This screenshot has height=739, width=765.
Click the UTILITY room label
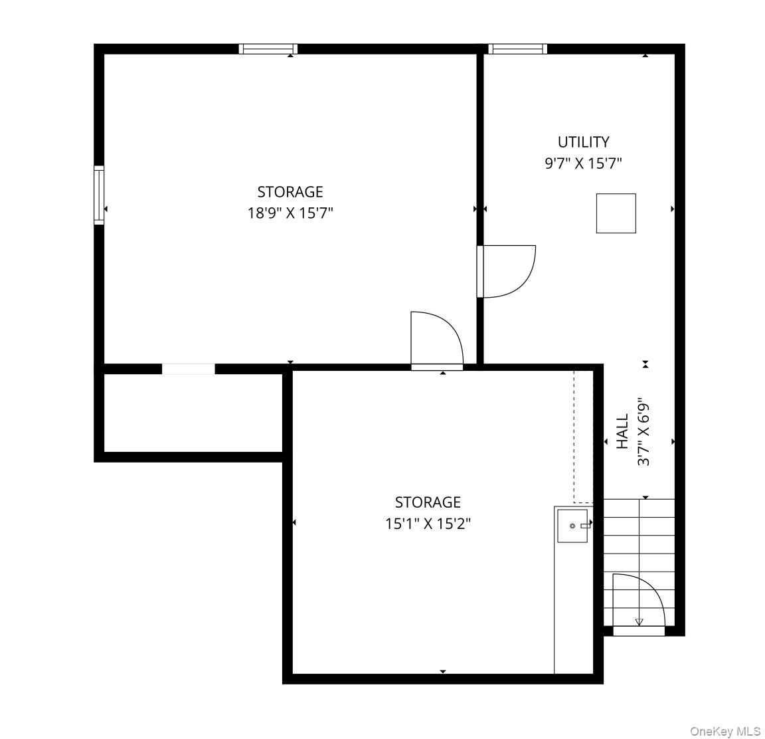click(584, 142)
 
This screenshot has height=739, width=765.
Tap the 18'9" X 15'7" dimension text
click(290, 213)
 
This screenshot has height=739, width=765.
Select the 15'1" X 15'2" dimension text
click(428, 524)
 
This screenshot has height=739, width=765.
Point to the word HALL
click(622, 431)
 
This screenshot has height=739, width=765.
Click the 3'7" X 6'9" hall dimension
click(644, 434)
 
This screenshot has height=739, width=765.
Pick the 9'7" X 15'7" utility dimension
click(584, 163)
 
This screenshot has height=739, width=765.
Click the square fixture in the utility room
click(616, 213)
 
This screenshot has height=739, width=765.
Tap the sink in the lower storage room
click(573, 526)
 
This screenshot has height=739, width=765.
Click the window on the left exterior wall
click(99, 195)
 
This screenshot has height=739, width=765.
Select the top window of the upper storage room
click(268, 49)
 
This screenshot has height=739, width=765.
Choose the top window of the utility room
click(518, 49)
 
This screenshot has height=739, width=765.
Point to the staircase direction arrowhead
click(639, 622)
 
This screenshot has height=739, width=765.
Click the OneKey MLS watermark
click(725, 731)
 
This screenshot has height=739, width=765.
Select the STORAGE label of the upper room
click(290, 192)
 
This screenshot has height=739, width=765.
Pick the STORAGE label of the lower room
click(428, 502)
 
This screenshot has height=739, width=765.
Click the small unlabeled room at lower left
click(193, 413)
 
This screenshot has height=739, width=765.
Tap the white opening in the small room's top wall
click(189, 369)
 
